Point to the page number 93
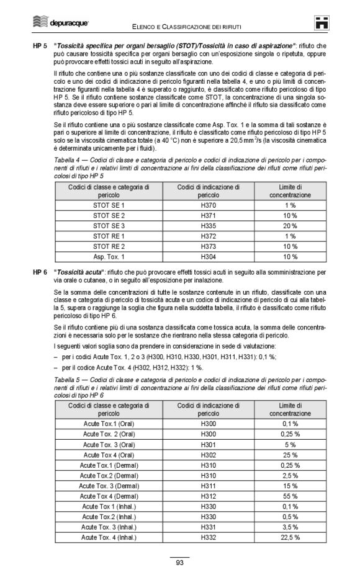coord(179,563)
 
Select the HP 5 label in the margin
coord(40,47)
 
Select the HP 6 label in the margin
coord(40,272)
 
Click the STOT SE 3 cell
coord(109,225)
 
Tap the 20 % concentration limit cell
coord(290,225)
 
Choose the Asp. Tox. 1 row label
coord(109,257)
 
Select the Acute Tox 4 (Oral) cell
coord(109,455)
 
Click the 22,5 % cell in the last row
coord(290,537)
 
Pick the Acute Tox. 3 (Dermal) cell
coord(109,486)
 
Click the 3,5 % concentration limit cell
coord(290,527)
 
